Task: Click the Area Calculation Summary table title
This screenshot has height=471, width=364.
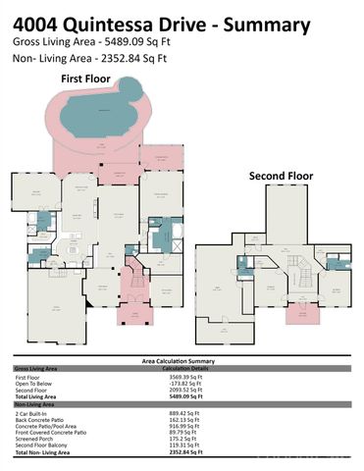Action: point(182,362)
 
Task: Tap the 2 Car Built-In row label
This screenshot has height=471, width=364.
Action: point(32,413)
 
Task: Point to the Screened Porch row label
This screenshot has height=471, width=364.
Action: point(33,440)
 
